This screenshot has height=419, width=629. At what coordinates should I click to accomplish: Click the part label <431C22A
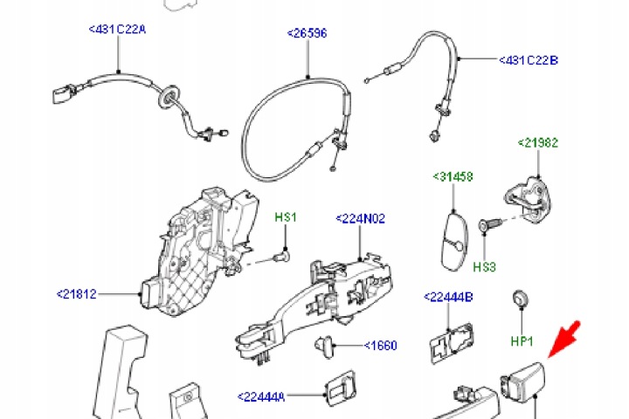pyautogui.click(x=117, y=30)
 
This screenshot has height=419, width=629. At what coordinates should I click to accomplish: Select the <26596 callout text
pyautogui.click(x=308, y=33)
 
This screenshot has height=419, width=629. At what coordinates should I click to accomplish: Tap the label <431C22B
pyautogui.click(x=529, y=60)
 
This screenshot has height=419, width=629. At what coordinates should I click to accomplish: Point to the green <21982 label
pyautogui.click(x=537, y=143)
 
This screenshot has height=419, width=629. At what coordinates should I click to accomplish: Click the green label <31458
pyautogui.click(x=453, y=176)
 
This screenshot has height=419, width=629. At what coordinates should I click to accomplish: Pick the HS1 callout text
pyautogui.click(x=286, y=217)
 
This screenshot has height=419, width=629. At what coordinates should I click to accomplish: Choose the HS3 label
pyautogui.click(x=484, y=266)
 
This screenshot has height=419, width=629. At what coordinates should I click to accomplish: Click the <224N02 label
pyautogui.click(x=360, y=218)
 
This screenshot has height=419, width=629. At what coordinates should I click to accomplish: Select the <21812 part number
pyautogui.click(x=77, y=294)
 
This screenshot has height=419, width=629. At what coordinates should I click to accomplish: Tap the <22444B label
pyautogui.click(x=448, y=297)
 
